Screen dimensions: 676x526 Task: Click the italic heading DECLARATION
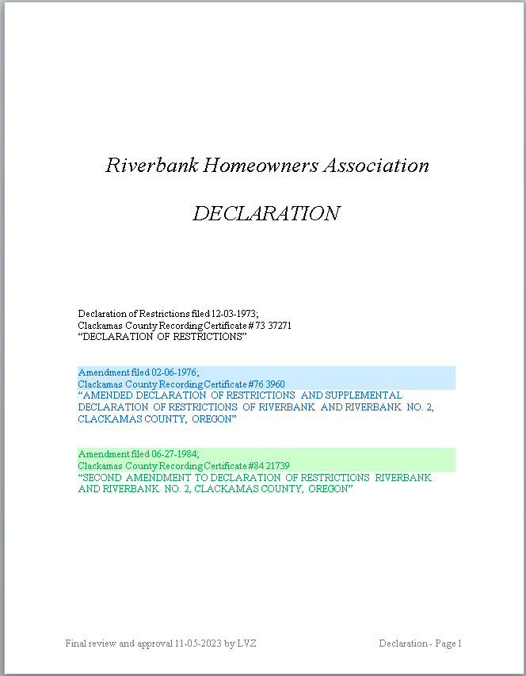266,214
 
